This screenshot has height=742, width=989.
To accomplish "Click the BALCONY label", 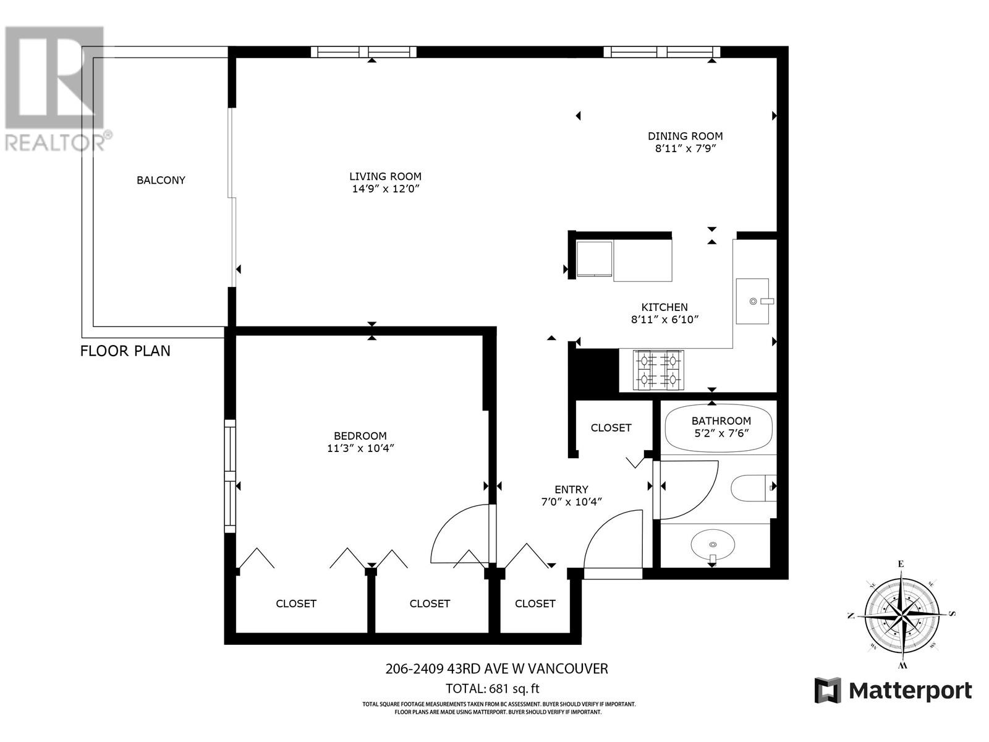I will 161,180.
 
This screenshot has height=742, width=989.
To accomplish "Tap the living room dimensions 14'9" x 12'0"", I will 385,189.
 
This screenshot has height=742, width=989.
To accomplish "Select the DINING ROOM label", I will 685,136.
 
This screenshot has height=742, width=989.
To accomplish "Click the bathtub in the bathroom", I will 719,428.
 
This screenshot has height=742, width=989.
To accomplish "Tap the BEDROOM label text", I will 360,435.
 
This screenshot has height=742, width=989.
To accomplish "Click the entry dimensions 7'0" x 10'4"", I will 571,502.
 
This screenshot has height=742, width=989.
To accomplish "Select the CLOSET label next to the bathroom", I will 611,428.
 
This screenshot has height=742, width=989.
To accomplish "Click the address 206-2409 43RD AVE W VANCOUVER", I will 496,668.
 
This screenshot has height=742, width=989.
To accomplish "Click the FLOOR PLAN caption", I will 125,351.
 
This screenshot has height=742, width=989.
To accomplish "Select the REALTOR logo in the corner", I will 56,87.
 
